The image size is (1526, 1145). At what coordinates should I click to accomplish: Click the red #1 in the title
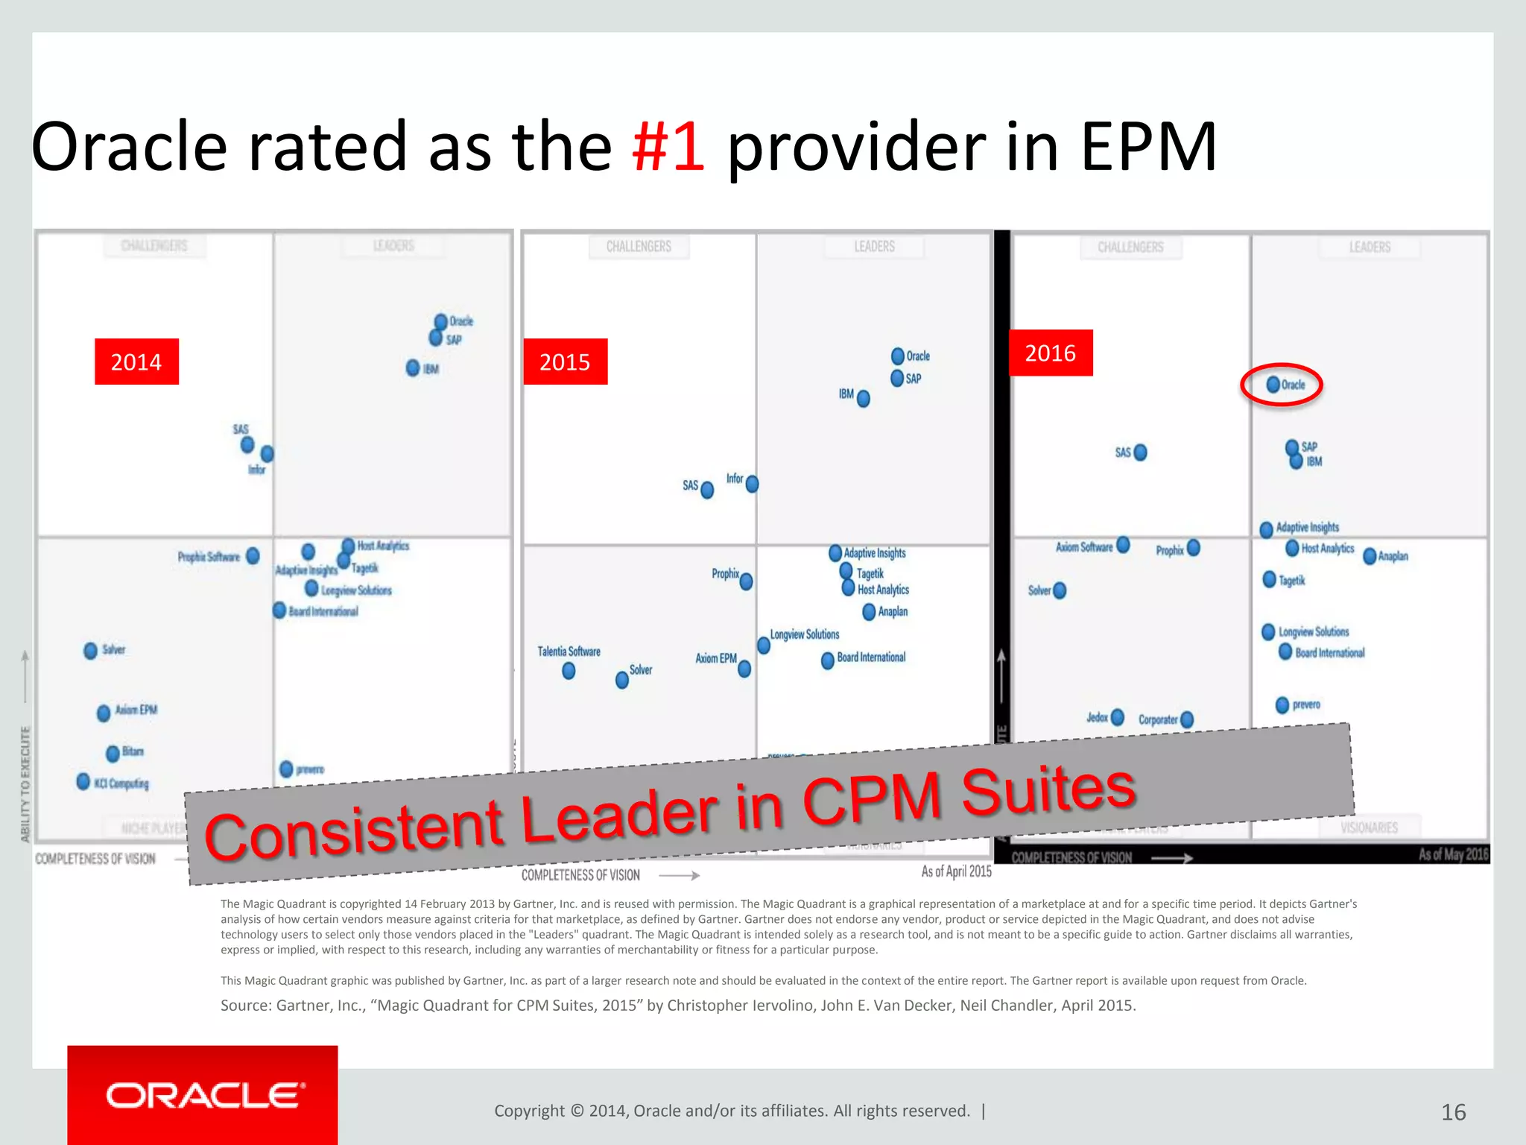(x=668, y=147)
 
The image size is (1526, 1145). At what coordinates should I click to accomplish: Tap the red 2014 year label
(x=136, y=362)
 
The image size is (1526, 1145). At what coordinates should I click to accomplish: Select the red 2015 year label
(x=565, y=362)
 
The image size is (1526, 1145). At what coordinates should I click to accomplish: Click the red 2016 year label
(x=1050, y=353)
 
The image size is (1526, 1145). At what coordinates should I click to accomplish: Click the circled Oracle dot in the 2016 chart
(x=1273, y=385)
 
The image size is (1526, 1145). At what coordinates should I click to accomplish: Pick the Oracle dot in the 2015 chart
(x=898, y=356)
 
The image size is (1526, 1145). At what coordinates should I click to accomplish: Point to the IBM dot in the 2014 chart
(x=413, y=368)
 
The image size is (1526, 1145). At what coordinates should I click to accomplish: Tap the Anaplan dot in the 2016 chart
(x=1370, y=556)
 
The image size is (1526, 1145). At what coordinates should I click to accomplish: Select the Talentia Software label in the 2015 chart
(x=569, y=652)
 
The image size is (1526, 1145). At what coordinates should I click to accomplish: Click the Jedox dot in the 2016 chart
(x=1117, y=717)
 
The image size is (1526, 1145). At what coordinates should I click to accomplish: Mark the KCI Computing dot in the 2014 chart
(x=83, y=781)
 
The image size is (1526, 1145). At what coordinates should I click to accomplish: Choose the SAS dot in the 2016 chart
(x=1140, y=452)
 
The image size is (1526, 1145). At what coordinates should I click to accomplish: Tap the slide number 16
(x=1453, y=1112)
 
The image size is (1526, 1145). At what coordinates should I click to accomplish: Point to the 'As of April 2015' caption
(x=956, y=871)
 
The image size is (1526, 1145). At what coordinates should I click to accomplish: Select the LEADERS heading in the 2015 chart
(x=874, y=247)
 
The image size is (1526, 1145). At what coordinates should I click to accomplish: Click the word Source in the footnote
(x=245, y=1006)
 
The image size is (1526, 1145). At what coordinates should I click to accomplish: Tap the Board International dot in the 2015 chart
(x=827, y=660)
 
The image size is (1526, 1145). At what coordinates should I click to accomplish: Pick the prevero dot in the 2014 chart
(x=286, y=769)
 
